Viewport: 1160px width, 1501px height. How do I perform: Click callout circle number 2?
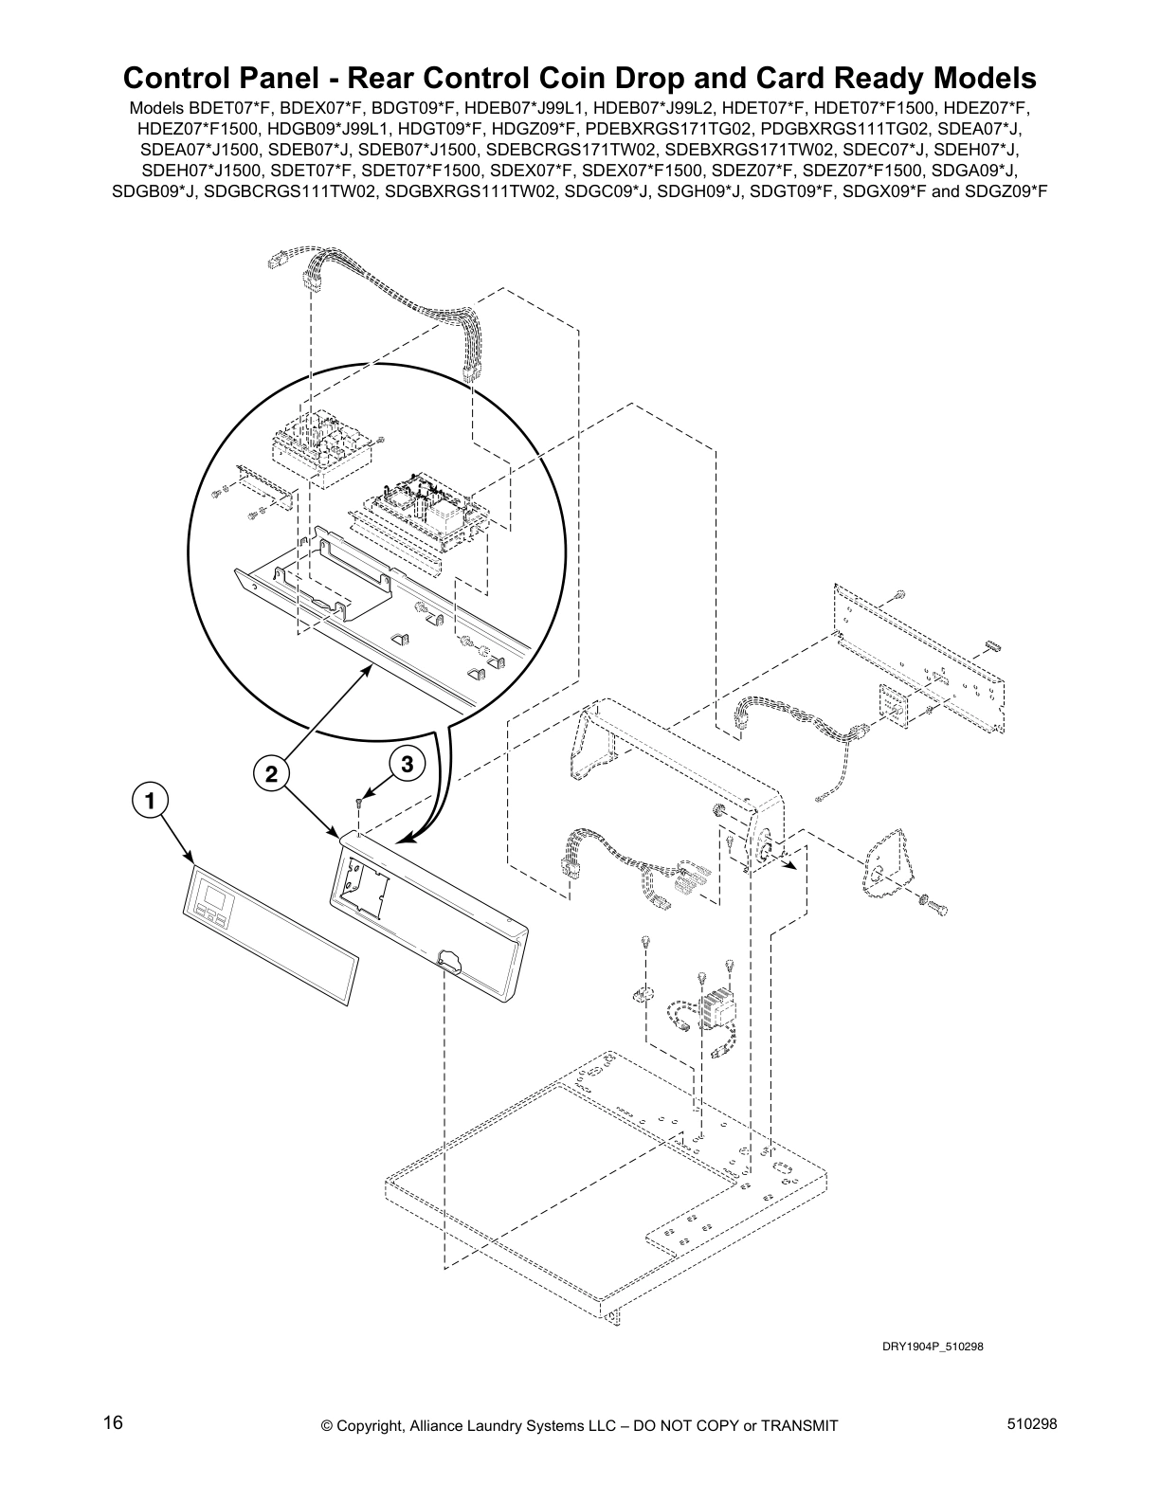271,773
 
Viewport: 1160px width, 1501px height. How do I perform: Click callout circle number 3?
406,763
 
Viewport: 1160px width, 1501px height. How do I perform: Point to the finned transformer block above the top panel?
716,1004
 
